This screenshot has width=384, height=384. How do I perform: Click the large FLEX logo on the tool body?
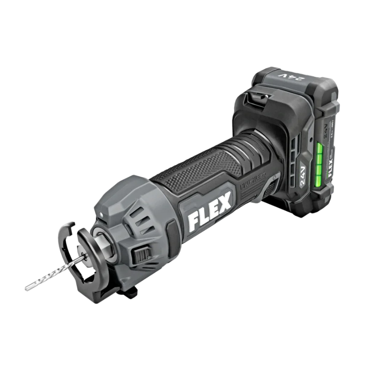click(209, 209)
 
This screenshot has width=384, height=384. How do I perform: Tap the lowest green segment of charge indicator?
click(317, 182)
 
